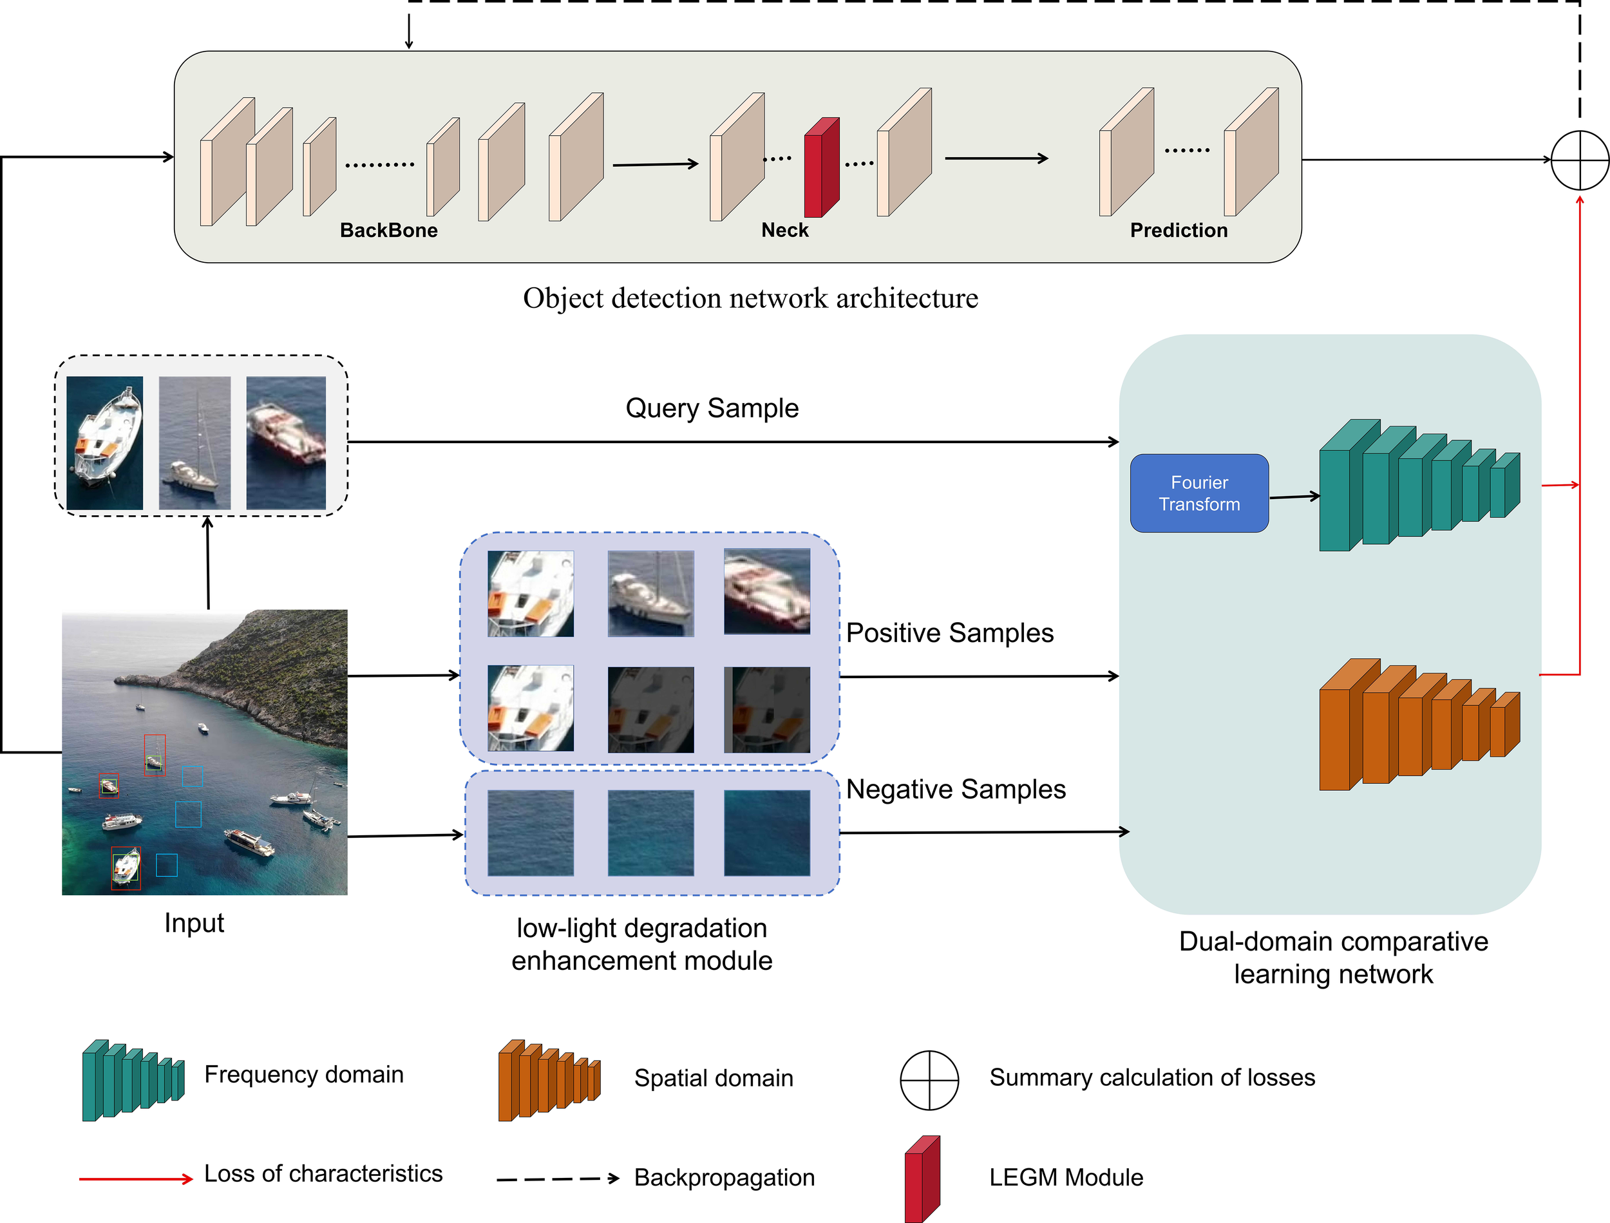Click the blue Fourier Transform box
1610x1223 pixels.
1198,493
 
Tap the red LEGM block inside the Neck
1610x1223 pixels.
821,168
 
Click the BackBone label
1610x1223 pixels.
389,230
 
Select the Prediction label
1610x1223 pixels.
1178,230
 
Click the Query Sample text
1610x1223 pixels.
711,408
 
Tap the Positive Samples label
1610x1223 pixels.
949,632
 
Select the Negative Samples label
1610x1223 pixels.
955,789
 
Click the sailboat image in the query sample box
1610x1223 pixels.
194,442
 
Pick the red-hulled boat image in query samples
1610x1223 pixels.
285,442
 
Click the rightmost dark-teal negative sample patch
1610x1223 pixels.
766,833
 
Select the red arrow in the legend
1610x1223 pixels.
135,1179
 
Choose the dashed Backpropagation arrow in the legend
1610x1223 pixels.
557,1179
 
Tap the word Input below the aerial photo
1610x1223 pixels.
194,922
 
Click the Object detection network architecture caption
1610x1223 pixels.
750,298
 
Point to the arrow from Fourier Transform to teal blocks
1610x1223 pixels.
1293,497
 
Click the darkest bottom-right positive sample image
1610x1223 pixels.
766,709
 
